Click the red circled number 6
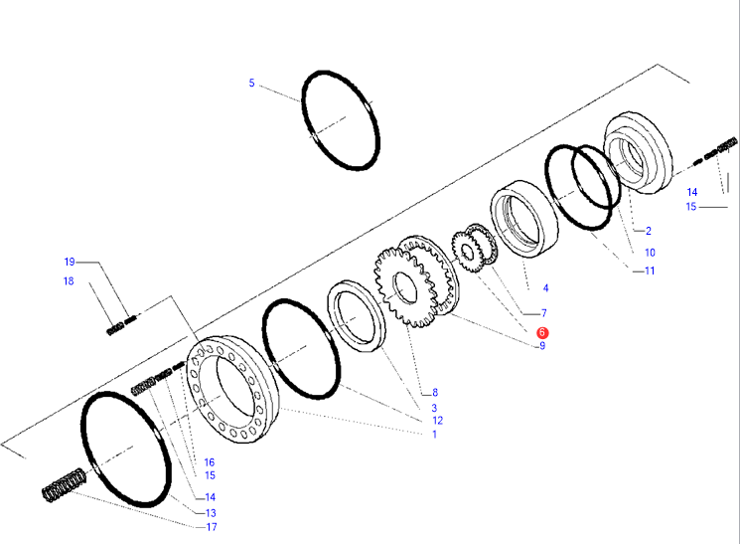pos(542,332)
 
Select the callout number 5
pos(252,83)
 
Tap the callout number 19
pos(70,262)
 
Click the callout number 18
pos(69,281)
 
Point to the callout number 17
pos(212,527)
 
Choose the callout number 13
pos(211,513)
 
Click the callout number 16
pos(210,462)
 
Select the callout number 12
pos(438,420)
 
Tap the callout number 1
pos(435,435)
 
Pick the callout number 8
pos(435,392)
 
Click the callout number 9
pos(542,346)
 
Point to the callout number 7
pos(544,312)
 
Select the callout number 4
pos(546,287)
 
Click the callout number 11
pos(650,271)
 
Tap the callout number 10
pos(650,253)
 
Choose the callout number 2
pos(649,231)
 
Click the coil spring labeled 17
pos(64,485)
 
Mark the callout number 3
pos(434,408)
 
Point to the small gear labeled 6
pos(466,252)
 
